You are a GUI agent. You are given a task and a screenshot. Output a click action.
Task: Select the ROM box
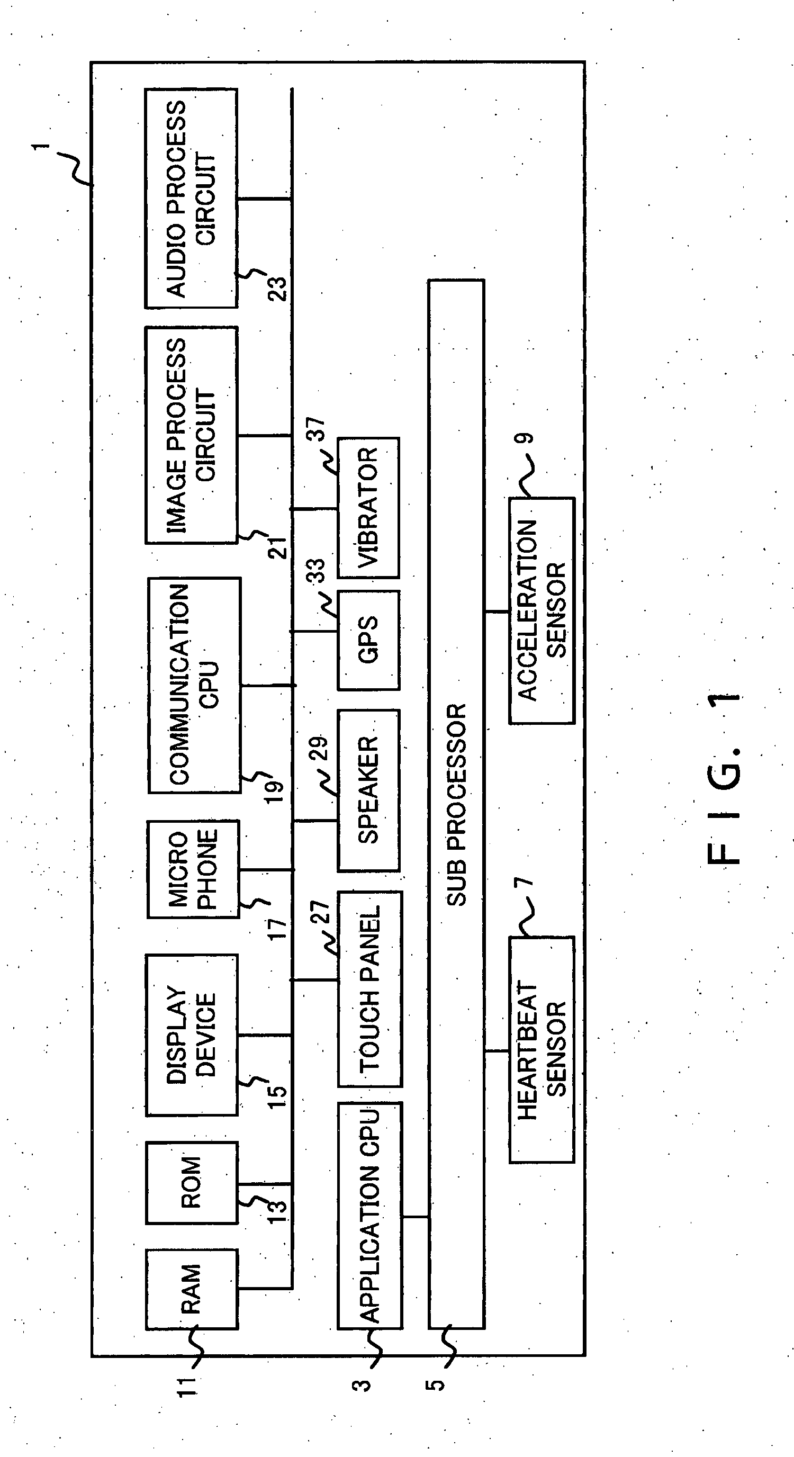coord(191,1183)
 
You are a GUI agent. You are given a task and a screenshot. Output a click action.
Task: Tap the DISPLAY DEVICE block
coord(191,1035)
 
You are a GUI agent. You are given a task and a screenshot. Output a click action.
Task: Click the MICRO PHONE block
coord(192,869)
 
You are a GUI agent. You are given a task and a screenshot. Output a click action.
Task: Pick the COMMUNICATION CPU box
coord(194,685)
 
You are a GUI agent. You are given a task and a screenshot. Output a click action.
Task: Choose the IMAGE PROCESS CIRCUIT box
coord(191,435)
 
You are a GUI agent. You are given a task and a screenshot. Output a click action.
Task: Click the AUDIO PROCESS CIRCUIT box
coord(191,198)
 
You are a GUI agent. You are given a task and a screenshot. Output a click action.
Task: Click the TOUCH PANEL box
coord(370,988)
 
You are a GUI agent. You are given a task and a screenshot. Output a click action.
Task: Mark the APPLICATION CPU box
coord(370,1215)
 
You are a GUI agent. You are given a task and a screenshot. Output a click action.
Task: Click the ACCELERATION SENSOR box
coord(541,610)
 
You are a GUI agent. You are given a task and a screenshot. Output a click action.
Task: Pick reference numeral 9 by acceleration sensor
coord(526,438)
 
